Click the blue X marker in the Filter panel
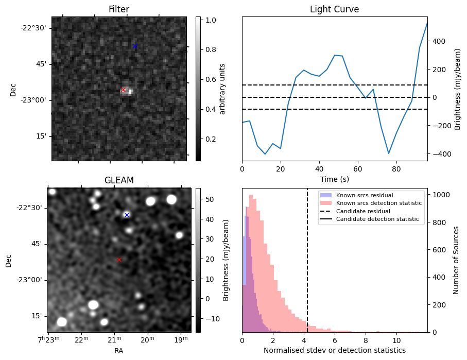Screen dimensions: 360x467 [x=135, y=46]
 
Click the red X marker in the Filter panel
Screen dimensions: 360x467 [x=123, y=90]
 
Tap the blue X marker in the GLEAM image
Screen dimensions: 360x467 [x=127, y=215]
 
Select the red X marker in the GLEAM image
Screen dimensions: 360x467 [x=119, y=260]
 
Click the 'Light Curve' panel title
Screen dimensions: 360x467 [x=334, y=9]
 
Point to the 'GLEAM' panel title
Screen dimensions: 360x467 [x=119, y=180]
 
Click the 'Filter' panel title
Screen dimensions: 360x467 [x=119, y=9]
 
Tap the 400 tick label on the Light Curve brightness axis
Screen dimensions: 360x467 [x=439, y=41]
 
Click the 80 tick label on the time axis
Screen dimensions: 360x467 [x=396, y=168]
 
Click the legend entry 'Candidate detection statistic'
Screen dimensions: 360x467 [x=377, y=220]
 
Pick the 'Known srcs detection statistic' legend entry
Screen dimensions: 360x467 [x=379, y=203]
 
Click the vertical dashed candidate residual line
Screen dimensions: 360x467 [x=307, y=268]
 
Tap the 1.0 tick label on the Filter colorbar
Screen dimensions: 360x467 [x=211, y=20]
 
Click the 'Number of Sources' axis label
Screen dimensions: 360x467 [x=457, y=260]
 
